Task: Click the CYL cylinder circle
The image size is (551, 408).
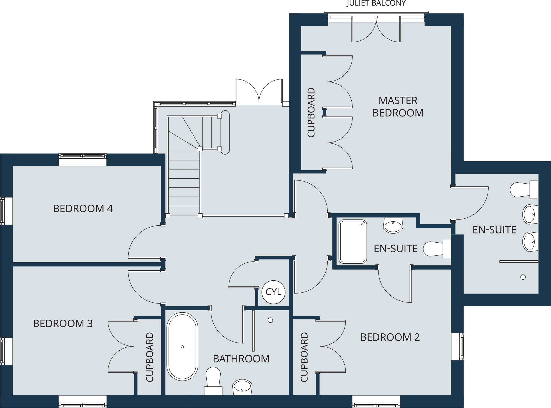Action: coord(273,292)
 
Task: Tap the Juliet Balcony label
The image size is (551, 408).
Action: coord(376,3)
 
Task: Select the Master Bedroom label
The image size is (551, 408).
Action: coord(398,107)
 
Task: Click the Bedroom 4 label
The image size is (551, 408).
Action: coord(83,208)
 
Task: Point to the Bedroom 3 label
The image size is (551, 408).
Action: coord(63,323)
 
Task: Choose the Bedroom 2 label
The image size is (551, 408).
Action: coord(390,337)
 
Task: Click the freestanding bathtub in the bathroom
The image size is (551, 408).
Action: coord(182,347)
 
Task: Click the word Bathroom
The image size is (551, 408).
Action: coord(241,359)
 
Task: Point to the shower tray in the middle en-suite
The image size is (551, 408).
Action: coord(353,241)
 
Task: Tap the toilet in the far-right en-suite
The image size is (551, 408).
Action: coord(524,190)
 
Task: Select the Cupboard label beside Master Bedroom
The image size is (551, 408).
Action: coord(311,112)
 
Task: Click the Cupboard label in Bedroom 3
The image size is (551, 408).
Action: coord(150,357)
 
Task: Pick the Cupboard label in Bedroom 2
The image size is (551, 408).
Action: coord(304,357)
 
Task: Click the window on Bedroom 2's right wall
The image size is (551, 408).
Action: coord(457,346)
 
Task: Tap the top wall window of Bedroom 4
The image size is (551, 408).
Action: coord(83,159)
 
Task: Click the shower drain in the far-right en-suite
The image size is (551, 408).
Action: coord(523,277)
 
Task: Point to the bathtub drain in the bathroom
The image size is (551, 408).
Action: coord(182,347)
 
